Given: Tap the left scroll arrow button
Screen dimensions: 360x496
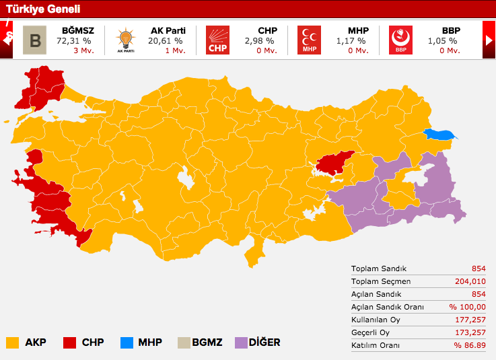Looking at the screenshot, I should pos(7,40).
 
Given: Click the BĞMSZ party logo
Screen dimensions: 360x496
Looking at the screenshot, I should pos(35,40).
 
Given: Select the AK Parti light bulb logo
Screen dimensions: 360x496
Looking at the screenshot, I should pos(126,40).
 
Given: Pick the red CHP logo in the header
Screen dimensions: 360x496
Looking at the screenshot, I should pos(217,40).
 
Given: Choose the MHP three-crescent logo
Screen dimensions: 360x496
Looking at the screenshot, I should pos(309,40).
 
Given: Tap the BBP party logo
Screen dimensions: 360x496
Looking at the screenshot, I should pos(400,40).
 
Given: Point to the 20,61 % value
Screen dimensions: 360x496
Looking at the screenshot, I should pos(166,41).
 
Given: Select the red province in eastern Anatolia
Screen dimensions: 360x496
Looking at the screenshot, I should pos(334,162).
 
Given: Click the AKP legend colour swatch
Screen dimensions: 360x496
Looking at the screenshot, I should pos(12,343).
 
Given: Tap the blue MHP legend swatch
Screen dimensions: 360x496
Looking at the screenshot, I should pos(125,343).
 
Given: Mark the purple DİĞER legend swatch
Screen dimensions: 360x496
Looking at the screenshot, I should pos(241,343).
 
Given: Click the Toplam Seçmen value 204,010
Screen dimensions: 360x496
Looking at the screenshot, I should pos(470,281).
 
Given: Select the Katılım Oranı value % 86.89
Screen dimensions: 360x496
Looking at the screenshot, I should pos(469,345).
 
